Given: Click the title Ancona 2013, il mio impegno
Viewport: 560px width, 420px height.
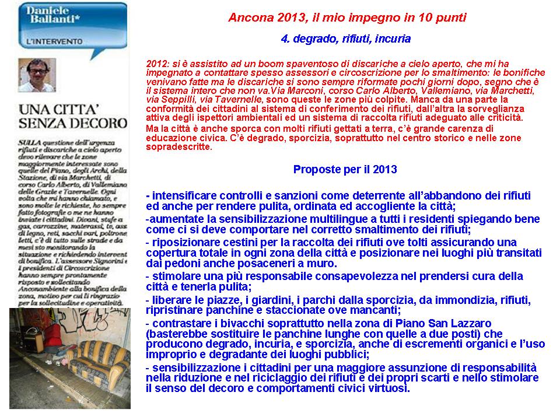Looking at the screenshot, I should [x=347, y=17].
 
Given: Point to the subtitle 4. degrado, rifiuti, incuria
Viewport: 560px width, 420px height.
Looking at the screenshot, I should [x=345, y=39].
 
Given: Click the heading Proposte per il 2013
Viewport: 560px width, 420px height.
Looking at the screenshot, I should [x=345, y=170].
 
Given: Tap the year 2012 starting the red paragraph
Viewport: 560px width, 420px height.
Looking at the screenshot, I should [x=157, y=64].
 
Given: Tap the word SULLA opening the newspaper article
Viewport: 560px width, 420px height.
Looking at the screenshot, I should [x=28, y=142].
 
